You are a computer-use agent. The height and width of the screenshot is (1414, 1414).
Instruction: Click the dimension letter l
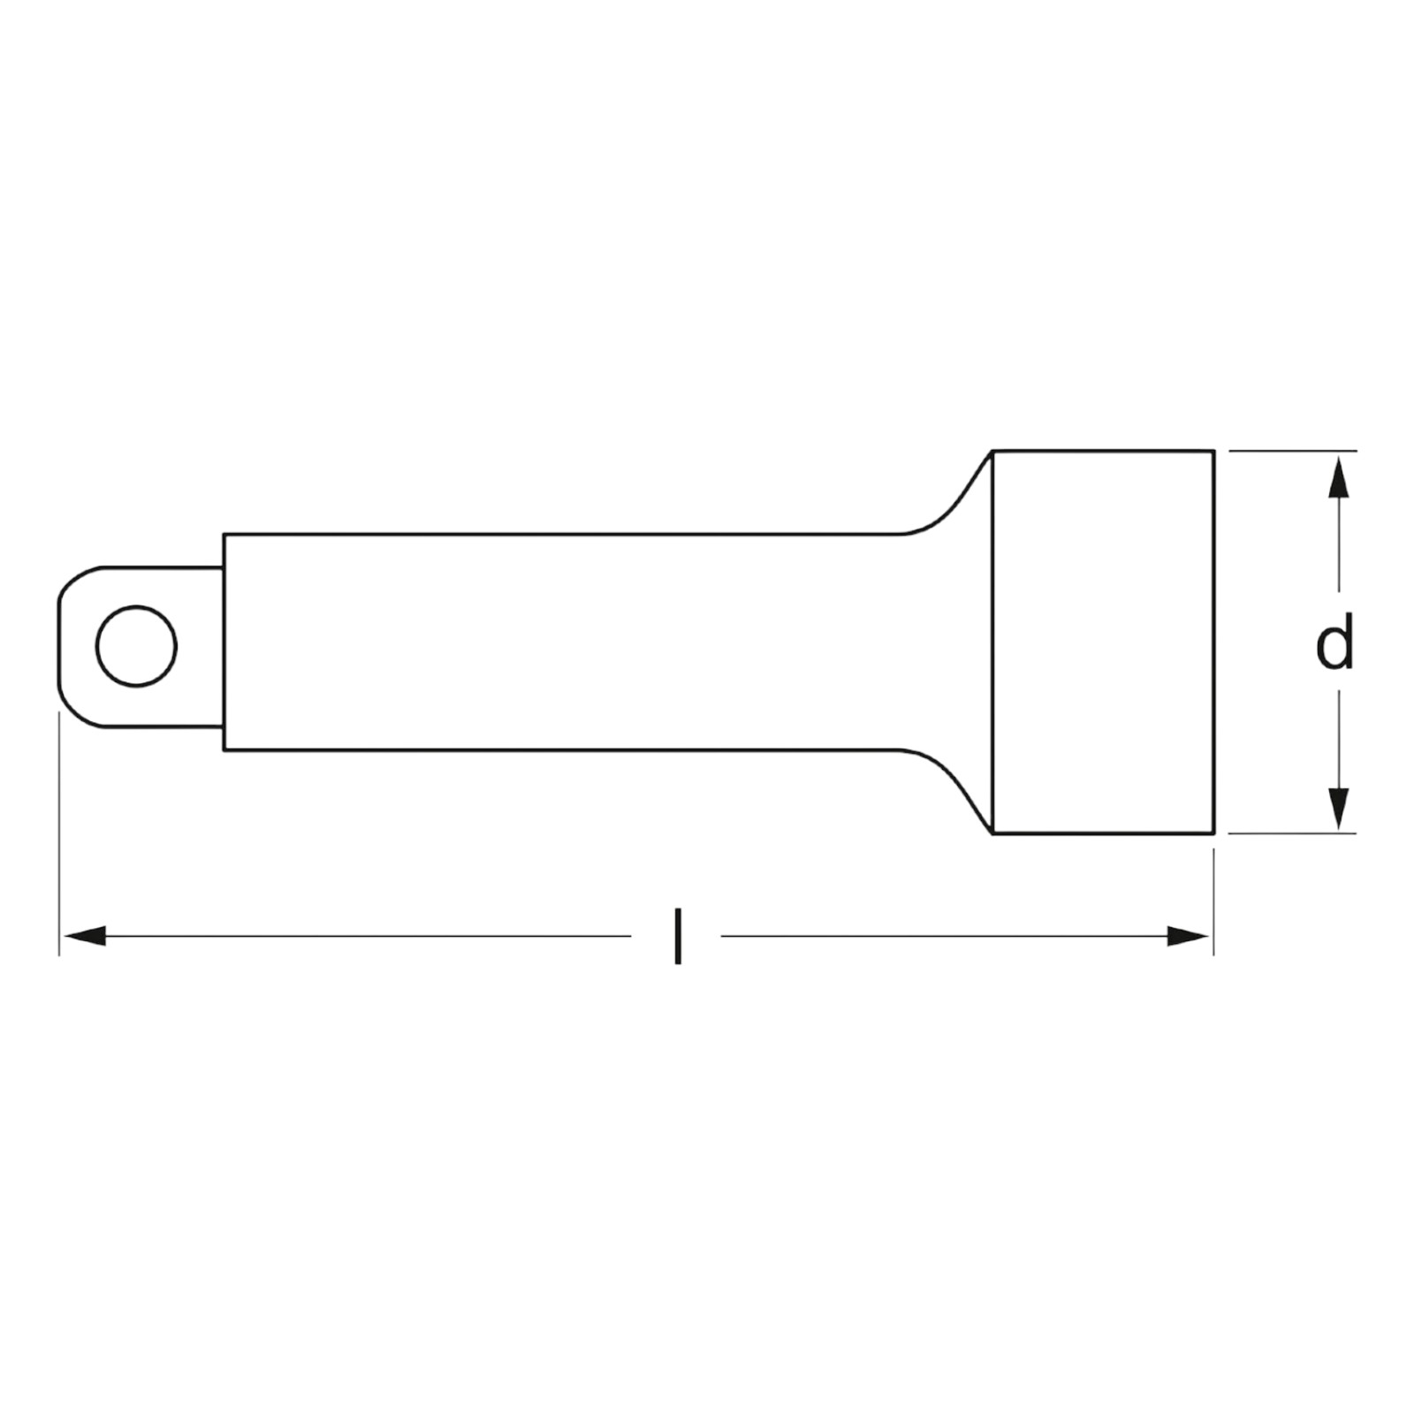coord(677,936)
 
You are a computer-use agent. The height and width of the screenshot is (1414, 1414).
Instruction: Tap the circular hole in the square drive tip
coord(136,646)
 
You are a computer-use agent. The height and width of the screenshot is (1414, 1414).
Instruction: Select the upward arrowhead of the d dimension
coord(1340,476)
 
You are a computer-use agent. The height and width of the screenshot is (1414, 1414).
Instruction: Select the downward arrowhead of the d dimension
coord(1340,808)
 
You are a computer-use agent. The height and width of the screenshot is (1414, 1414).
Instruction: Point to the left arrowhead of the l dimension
coord(85,936)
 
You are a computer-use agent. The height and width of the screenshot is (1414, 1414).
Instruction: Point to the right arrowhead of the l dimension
coord(1188,936)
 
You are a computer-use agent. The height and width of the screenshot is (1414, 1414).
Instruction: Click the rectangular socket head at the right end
coord(1103,642)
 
